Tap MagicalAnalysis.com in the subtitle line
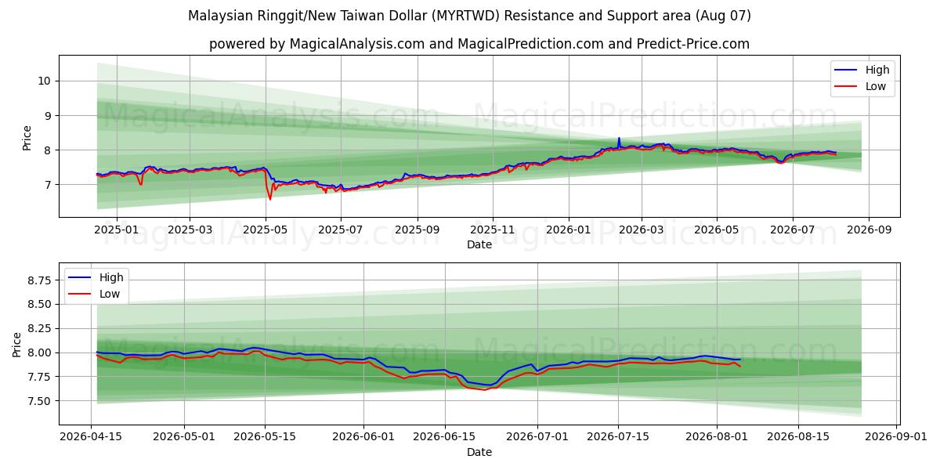tap(357, 44)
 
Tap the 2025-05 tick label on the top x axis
tap(266, 230)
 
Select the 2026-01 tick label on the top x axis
tap(568, 230)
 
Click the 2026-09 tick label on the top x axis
tap(869, 230)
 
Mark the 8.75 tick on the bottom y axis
tap(39, 280)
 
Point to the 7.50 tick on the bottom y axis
tap(39, 401)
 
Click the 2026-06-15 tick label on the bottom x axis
tap(444, 437)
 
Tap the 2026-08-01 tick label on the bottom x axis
tap(716, 437)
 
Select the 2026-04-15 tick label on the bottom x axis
tap(91, 437)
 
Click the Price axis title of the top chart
tap(27, 138)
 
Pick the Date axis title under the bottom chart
tap(479, 453)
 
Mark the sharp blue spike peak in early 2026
tap(619, 138)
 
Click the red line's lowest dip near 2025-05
tap(269, 199)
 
